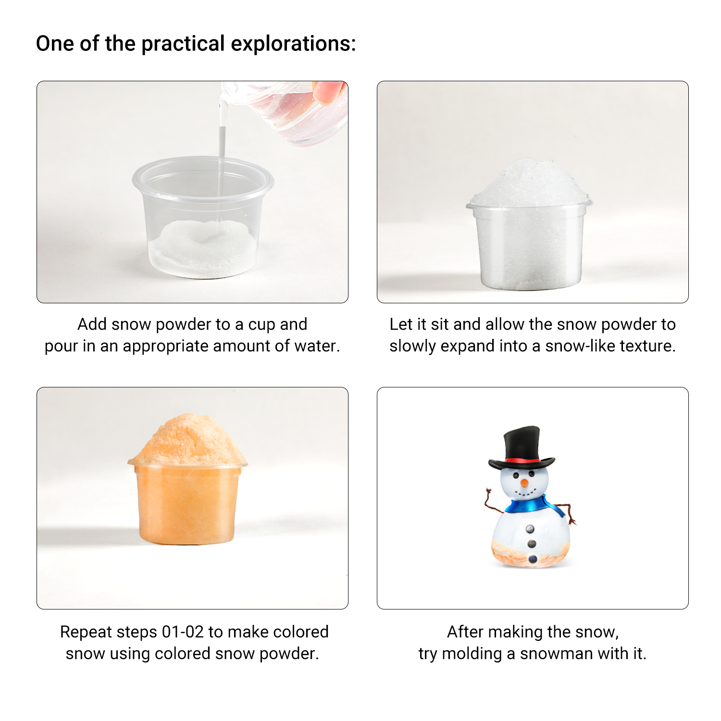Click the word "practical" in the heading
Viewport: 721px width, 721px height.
183,44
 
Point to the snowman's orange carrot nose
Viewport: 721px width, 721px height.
524,483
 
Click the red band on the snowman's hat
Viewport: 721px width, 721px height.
522,460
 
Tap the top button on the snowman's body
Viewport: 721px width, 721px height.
530,529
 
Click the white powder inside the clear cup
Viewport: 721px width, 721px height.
202,249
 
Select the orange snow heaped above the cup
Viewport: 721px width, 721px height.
188,440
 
